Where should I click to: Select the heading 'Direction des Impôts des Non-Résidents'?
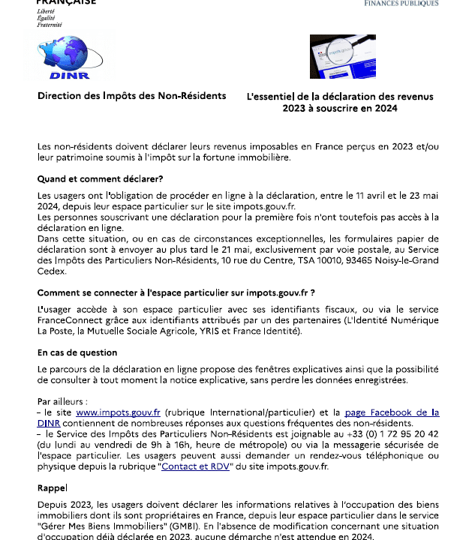click(132, 95)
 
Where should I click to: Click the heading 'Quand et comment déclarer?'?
click(101, 178)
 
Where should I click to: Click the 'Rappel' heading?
click(52, 487)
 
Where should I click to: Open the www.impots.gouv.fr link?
click(119, 412)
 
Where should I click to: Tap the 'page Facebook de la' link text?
click(391, 412)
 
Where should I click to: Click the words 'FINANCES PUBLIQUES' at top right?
click(401, 3)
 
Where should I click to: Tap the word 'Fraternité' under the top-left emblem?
click(50, 24)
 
